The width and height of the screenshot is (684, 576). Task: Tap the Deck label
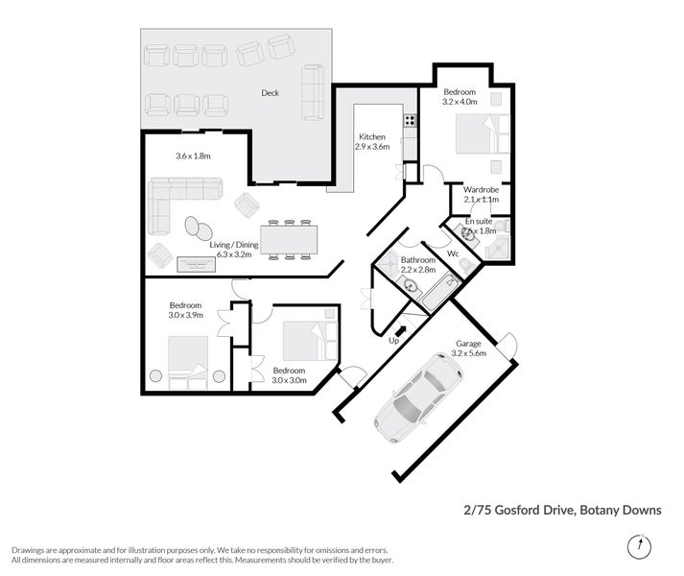(270, 93)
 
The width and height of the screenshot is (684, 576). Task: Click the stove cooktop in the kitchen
(410, 120)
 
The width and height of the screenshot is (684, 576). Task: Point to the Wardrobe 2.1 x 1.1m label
(481, 195)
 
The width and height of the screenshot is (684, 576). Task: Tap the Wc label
(453, 254)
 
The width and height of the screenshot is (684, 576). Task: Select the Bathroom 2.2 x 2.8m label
(418, 266)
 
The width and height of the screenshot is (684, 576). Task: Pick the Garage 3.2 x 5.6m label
(468, 348)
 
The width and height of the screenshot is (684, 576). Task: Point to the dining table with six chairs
(288, 238)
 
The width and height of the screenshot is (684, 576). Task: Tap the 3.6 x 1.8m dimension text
(192, 156)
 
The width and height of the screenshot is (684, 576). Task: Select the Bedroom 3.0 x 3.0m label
(289, 375)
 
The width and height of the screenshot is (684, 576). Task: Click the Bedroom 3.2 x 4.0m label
(459, 97)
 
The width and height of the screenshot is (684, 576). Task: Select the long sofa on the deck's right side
(313, 92)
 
